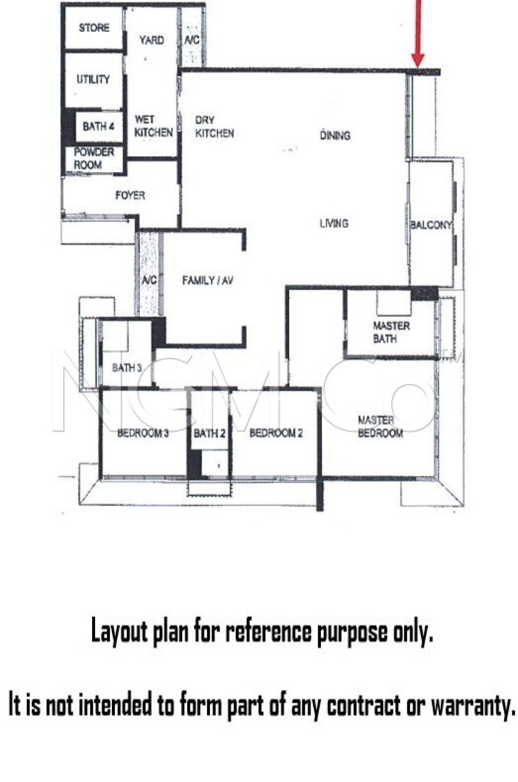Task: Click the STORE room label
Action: pyautogui.click(x=94, y=28)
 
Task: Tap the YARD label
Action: pyautogui.click(x=152, y=40)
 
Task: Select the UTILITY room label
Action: pyautogui.click(x=93, y=79)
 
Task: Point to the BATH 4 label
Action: pyautogui.click(x=98, y=126)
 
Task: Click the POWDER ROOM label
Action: pyautogui.click(x=93, y=158)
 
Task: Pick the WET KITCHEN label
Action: pyautogui.click(x=153, y=126)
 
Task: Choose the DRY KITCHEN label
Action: pyautogui.click(x=214, y=127)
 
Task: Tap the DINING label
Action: pyautogui.click(x=335, y=135)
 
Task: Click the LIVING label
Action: pyautogui.click(x=334, y=223)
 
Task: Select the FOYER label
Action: pyautogui.click(x=130, y=195)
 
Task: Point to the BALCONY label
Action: pyautogui.click(x=431, y=225)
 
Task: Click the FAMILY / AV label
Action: pyautogui.click(x=207, y=281)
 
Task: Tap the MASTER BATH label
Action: pyautogui.click(x=391, y=332)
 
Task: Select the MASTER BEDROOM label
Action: pyautogui.click(x=380, y=427)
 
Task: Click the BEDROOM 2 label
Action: pyautogui.click(x=276, y=433)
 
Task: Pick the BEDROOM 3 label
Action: pyautogui.click(x=143, y=433)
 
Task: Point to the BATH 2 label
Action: pyautogui.click(x=209, y=433)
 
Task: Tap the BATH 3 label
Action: pyautogui.click(x=127, y=368)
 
